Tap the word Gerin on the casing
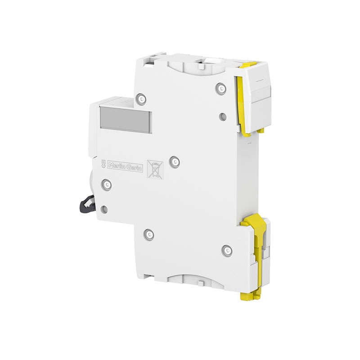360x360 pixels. (134, 168)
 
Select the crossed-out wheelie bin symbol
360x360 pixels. (155, 170)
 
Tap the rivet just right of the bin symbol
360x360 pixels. (175, 162)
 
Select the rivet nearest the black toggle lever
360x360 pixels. (107, 184)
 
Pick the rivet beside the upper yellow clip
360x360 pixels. (220, 88)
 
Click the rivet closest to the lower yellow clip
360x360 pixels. (227, 250)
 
